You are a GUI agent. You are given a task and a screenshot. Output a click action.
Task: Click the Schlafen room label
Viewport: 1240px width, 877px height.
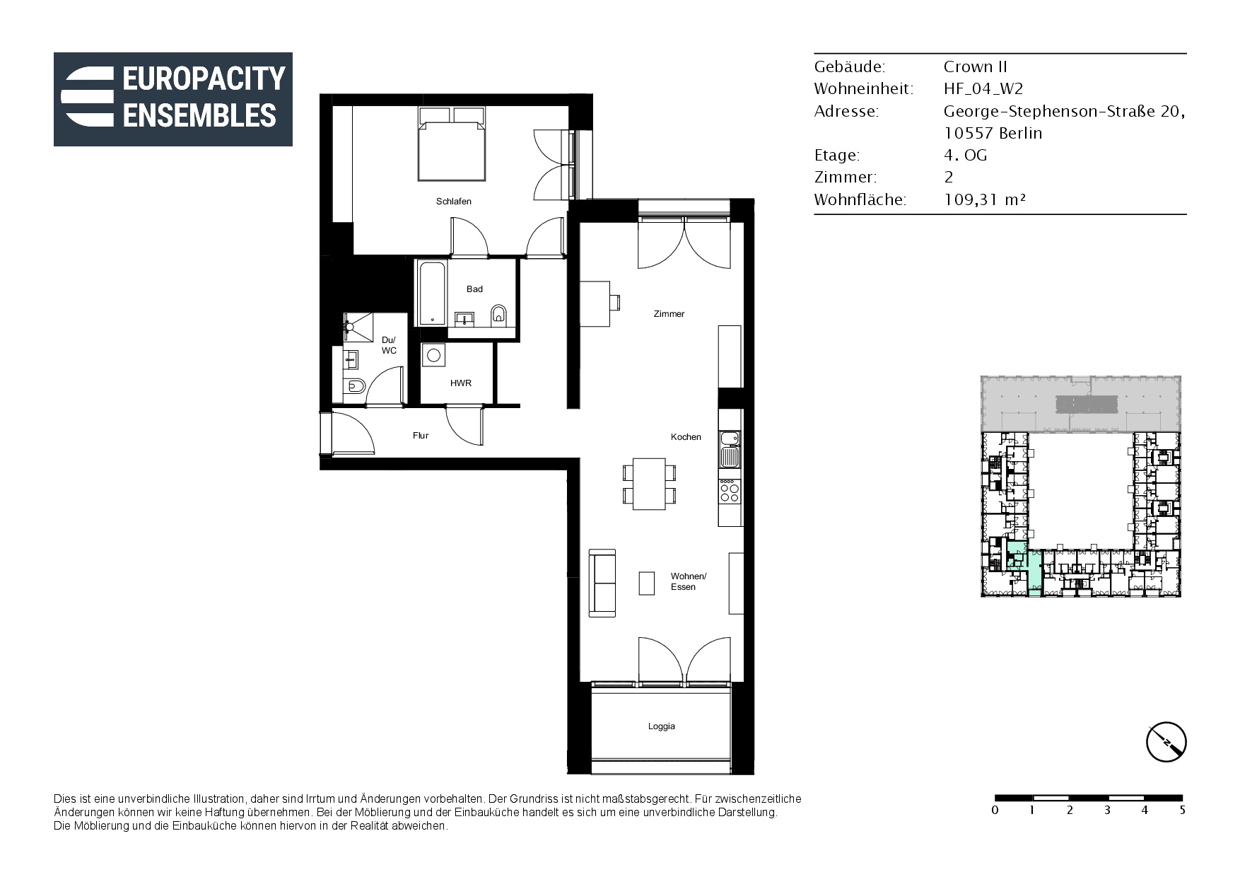pos(453,202)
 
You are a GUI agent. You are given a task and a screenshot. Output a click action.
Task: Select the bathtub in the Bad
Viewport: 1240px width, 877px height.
pos(432,293)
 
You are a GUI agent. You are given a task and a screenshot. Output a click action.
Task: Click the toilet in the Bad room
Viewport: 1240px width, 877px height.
pos(499,315)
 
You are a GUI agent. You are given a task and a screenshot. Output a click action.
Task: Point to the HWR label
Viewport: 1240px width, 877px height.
pos(461,383)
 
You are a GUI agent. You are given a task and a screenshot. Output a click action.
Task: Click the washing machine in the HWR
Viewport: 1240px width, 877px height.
pos(434,355)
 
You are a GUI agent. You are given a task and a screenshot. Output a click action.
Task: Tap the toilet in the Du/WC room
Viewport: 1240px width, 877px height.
pos(354,386)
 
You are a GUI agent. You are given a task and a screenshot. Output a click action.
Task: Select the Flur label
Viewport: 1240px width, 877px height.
pos(421,436)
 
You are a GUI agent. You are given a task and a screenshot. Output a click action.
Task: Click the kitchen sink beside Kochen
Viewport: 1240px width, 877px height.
pos(730,449)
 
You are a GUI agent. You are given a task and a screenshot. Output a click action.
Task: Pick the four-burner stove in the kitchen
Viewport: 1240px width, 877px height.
pos(730,491)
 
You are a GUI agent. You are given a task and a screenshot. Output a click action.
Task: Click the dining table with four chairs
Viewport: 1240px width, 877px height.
pos(649,484)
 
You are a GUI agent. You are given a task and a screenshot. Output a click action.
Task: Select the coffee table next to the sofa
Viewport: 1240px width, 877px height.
pos(646,583)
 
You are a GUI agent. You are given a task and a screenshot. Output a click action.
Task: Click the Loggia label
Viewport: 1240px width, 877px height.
pos(662,726)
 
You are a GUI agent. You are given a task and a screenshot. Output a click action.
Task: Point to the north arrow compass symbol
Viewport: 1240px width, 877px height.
pos(1166,743)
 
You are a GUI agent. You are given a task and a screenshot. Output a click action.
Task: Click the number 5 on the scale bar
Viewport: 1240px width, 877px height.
pos(1182,811)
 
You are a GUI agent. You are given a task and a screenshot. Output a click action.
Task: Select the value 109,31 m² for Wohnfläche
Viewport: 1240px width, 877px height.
pos(984,199)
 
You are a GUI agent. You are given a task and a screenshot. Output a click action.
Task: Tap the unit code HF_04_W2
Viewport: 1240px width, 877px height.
pos(983,89)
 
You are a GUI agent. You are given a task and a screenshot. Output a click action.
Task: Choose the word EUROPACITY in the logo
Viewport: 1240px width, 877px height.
pos(204,79)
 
